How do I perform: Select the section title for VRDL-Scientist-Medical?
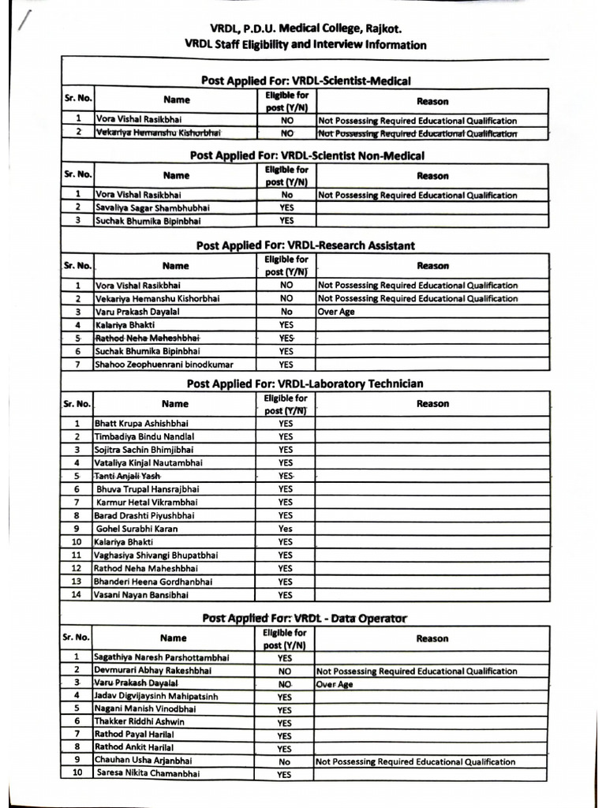305,80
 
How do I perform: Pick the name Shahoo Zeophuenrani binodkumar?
164,365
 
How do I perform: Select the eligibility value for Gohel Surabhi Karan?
285,529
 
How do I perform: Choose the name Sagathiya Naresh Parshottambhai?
162,656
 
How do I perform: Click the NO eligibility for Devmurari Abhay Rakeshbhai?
285,671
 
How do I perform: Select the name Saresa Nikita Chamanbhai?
148,774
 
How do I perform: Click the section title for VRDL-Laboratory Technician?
305,384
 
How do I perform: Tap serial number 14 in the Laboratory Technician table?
77,595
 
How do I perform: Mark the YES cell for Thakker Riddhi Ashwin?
285,722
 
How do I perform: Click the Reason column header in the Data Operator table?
432,639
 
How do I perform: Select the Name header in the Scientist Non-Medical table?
177,176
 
